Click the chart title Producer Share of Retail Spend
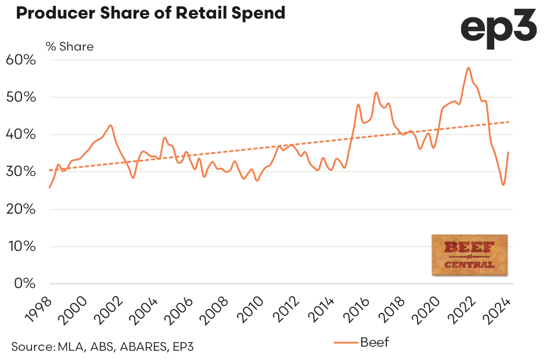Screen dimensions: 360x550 pos(150,13)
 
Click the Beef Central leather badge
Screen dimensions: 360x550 pos(470,255)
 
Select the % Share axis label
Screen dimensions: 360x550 pos(69,46)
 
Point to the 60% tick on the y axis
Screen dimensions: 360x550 pos(21,60)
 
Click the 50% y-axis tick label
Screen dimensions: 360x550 pos(21,97)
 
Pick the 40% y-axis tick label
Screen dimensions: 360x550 pos(21,134)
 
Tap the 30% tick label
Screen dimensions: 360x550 pos(21,171)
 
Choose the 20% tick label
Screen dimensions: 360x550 pos(21,208)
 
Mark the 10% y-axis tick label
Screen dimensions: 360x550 pos(21,246)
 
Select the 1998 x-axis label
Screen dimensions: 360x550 pos(38,308)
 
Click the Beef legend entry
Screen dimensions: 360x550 pos(362,342)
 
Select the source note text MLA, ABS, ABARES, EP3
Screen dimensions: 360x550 pos(102,347)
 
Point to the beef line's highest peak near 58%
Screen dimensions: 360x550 pos(468,68)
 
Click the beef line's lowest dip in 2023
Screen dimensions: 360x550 pos(503,185)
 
